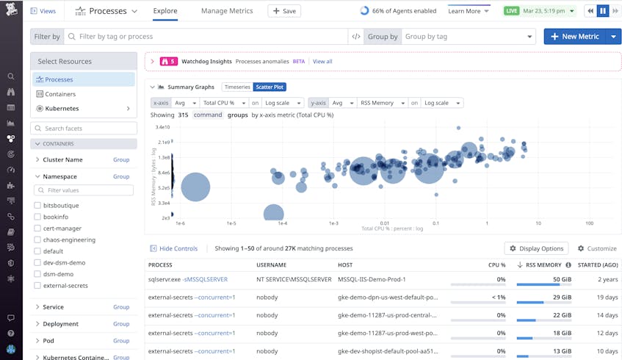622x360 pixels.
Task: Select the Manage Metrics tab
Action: [227, 11]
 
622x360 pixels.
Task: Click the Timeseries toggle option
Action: [237, 87]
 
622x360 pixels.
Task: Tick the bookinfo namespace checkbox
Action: [37, 217]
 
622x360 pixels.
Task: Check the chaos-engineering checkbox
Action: [37, 240]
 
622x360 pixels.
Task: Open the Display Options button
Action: [536, 248]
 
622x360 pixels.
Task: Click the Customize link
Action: [596, 248]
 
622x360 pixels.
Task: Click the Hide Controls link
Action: [174, 248]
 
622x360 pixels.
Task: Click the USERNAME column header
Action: [271, 264]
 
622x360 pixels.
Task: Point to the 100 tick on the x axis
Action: [589, 223]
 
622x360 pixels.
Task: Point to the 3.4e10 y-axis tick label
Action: [162, 127]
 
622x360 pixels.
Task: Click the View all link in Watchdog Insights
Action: [322, 62]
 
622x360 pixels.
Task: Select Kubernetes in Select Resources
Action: [62, 109]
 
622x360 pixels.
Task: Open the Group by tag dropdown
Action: [469, 37]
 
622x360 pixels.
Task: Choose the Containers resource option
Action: [60, 94]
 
